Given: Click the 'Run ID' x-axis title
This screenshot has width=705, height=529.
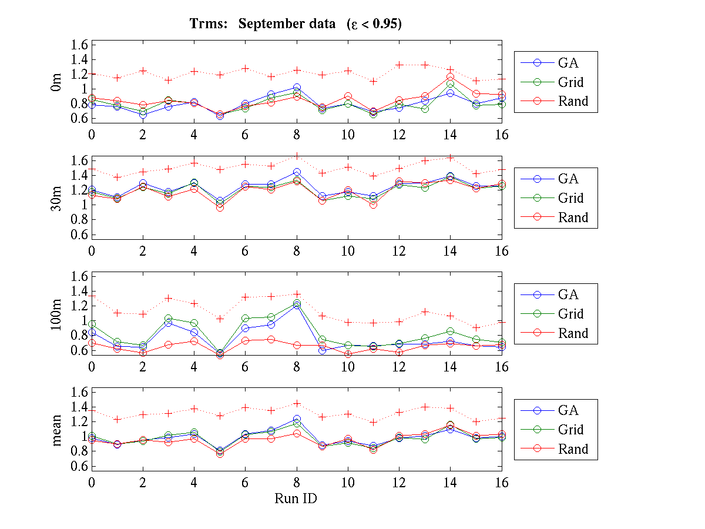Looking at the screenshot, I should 297,498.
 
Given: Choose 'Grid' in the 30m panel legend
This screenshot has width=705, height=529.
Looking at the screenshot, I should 571,198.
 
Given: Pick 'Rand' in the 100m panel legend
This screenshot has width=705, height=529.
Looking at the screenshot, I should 573,333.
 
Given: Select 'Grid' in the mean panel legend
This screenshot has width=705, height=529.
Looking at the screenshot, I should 571,430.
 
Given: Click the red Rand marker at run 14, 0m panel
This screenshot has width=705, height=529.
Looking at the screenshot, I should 450,77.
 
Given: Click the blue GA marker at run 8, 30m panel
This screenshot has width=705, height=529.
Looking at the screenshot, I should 297,172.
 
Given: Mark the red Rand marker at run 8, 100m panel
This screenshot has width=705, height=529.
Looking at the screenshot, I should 297,345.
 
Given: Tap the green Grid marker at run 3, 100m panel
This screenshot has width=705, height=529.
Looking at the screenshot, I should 169,318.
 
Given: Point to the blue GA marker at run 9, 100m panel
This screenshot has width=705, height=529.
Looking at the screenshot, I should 323,350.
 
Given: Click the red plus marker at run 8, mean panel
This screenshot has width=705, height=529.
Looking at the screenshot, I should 297,403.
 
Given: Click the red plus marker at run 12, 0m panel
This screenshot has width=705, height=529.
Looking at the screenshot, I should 399,65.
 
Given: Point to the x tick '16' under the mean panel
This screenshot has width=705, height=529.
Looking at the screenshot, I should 501,483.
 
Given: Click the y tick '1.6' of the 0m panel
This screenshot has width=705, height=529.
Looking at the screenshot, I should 80,45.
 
